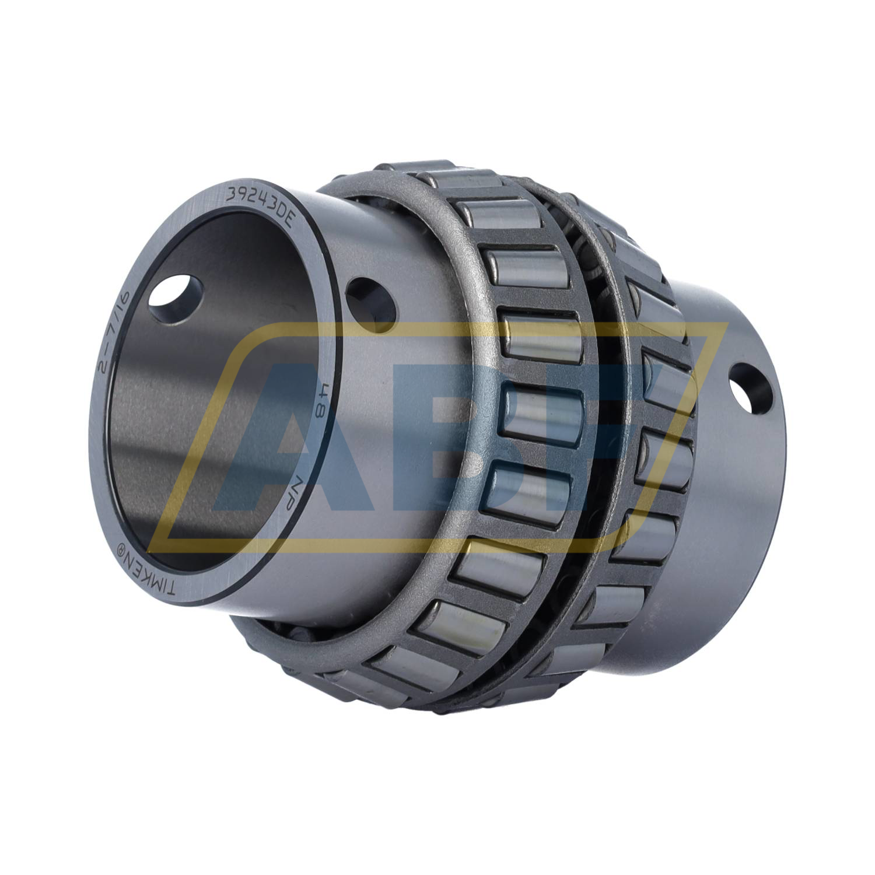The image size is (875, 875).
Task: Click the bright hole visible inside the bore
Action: coord(175,296)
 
